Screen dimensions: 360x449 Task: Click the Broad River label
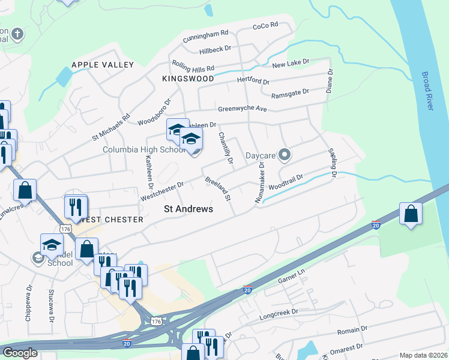point(427,91)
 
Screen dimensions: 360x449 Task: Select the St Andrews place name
point(188,209)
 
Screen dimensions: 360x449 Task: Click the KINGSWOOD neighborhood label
point(188,79)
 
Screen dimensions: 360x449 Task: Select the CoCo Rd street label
point(265,26)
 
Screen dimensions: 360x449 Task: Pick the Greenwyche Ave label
point(242,109)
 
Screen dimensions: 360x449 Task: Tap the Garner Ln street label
point(292,280)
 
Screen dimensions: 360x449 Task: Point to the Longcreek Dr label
point(279,313)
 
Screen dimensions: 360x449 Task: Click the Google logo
point(20,353)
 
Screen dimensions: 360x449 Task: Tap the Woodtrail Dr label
point(286,181)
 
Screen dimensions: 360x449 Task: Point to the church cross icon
point(17,33)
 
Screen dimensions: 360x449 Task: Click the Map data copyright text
point(423,355)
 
